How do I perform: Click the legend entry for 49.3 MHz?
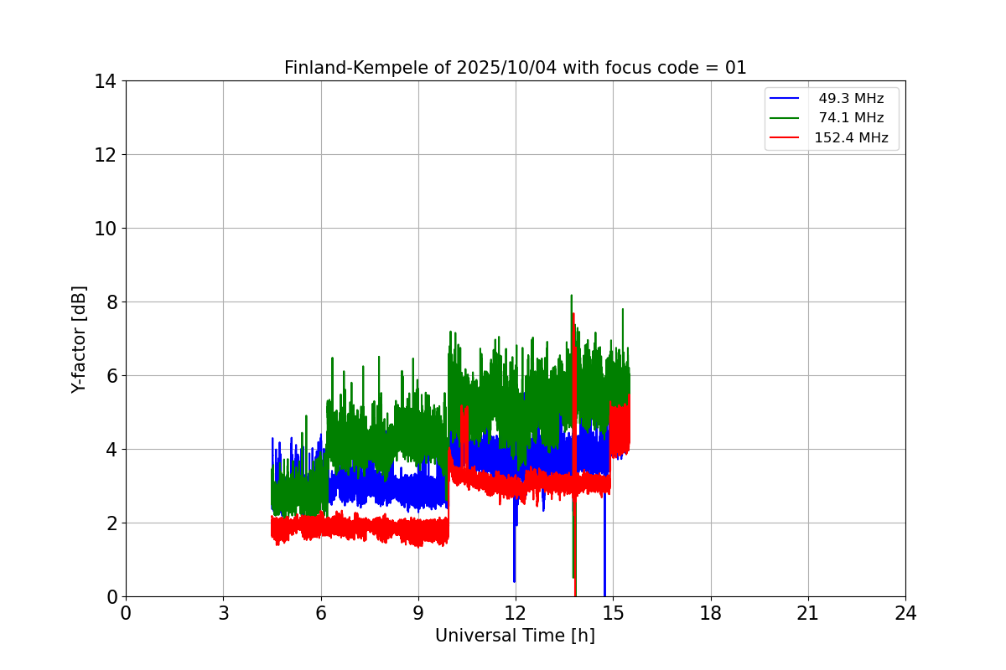click(x=850, y=99)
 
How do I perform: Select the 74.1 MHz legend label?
click(x=850, y=118)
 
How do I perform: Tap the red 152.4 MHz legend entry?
click(x=850, y=138)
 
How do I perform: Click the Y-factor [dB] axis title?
click(x=79, y=339)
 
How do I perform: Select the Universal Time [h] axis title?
click(x=515, y=636)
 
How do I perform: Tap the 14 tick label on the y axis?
click(x=106, y=81)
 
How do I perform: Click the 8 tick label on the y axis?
click(x=111, y=302)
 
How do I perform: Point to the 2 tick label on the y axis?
click(x=111, y=523)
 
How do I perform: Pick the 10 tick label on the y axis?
click(x=106, y=229)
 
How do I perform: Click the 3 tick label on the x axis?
click(x=223, y=614)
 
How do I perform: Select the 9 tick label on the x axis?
click(x=418, y=614)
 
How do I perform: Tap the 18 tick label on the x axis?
click(x=711, y=614)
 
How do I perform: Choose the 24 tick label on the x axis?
click(x=905, y=614)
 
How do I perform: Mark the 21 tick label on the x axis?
click(x=808, y=614)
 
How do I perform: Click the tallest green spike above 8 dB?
click(x=571, y=298)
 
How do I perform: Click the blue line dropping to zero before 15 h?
click(x=604, y=578)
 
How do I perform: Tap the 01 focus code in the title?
click(x=734, y=68)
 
